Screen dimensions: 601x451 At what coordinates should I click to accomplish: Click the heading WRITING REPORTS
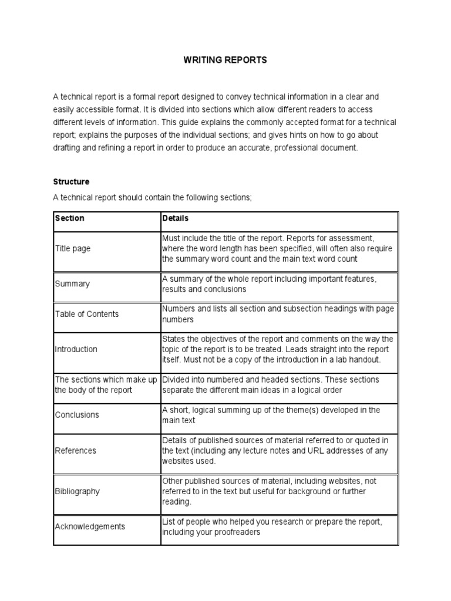[x=225, y=60]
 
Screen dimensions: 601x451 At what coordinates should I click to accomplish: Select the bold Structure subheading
[x=71, y=182]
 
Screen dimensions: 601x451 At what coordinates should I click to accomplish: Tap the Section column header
[x=69, y=218]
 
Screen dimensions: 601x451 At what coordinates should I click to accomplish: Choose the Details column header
[x=175, y=218]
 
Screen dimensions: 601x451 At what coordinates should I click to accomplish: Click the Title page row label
[x=73, y=249]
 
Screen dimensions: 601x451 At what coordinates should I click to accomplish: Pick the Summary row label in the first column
[x=72, y=284]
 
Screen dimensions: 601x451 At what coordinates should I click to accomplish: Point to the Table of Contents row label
[x=86, y=314]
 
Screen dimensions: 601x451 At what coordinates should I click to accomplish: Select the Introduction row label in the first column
[x=76, y=349]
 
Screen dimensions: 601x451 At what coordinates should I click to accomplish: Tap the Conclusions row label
[x=77, y=415]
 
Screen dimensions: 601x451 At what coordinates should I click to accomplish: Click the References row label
[x=75, y=451]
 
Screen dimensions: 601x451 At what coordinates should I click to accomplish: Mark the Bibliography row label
[x=77, y=491]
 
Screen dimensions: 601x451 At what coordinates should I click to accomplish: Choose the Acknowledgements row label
[x=90, y=526]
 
